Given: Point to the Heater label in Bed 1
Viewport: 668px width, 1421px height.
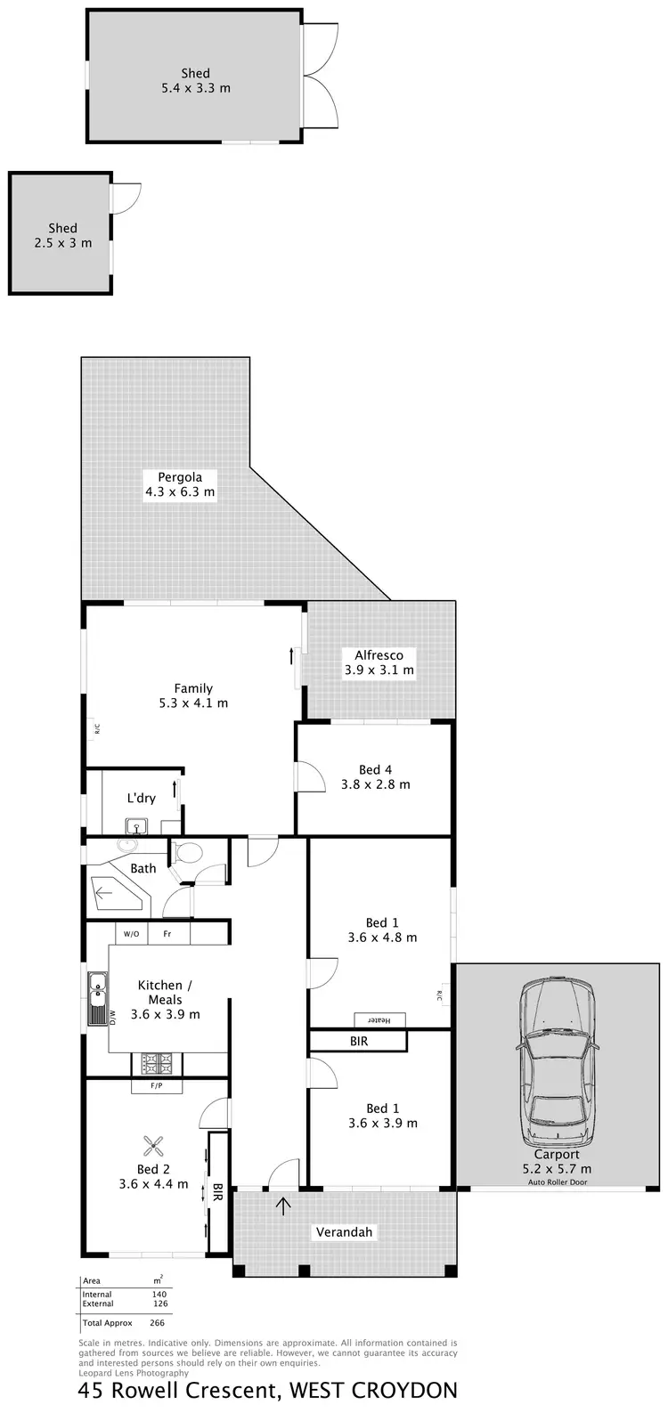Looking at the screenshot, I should click(379, 1019).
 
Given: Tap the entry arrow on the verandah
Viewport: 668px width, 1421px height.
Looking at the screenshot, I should click(284, 1207).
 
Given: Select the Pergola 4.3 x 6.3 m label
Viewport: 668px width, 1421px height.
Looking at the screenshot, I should click(181, 484).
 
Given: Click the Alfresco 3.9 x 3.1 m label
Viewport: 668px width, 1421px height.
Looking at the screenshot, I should click(379, 662).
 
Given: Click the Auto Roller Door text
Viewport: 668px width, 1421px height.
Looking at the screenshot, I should click(558, 1182).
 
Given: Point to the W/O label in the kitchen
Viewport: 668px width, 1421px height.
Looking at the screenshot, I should click(131, 934).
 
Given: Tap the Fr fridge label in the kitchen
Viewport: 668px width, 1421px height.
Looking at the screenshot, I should click(167, 934).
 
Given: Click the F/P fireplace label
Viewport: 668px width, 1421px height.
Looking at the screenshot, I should click(157, 1086).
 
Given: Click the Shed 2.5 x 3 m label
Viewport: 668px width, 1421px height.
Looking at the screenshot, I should click(63, 235).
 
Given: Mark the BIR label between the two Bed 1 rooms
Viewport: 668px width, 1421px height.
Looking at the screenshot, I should click(358, 1040).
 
